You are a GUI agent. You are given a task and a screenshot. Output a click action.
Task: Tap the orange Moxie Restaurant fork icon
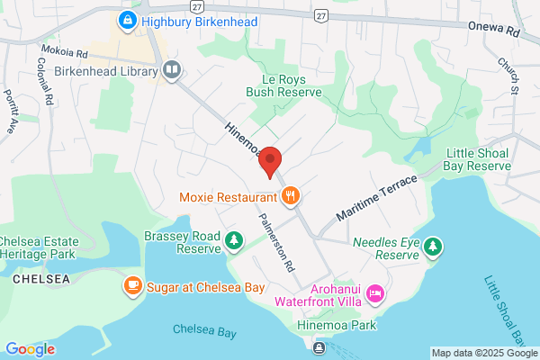[291, 195]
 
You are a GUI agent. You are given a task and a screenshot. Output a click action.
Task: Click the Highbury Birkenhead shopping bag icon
[129, 19]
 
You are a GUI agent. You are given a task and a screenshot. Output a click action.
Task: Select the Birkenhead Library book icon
[171, 69]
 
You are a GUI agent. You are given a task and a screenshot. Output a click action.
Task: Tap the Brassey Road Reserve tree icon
[234, 240]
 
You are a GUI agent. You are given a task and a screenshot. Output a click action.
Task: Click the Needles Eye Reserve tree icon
[434, 246]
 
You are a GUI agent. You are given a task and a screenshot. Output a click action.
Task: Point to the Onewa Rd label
[494, 28]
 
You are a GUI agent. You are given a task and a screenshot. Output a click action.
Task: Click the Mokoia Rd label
[62, 51]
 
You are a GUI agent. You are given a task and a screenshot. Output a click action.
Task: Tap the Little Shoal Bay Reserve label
[478, 159]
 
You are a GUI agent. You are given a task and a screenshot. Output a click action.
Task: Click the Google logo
[30, 348]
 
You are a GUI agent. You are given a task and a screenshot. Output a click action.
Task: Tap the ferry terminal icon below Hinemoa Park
[319, 346]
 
